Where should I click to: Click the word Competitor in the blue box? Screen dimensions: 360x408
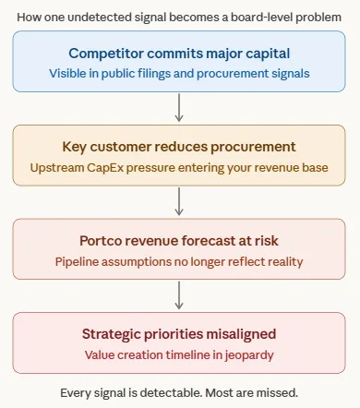pyautogui.click(x=106, y=54)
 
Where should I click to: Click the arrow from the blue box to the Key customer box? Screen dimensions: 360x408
pyautogui.click(x=179, y=107)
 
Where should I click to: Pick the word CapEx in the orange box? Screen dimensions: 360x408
pyautogui.click(x=105, y=168)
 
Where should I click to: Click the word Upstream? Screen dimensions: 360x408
pyautogui.click(x=57, y=168)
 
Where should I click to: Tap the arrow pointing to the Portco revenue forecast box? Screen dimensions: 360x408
pyautogui.click(x=179, y=201)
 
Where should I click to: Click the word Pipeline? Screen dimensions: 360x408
pyautogui.click(x=77, y=262)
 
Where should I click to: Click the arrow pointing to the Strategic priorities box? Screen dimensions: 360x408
pyautogui.click(x=179, y=295)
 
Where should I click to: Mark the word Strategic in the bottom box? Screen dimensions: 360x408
pyautogui.click(x=111, y=334)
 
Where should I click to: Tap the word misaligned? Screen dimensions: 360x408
pyautogui.click(x=241, y=334)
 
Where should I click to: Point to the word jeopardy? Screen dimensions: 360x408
pyautogui.click(x=249, y=355)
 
